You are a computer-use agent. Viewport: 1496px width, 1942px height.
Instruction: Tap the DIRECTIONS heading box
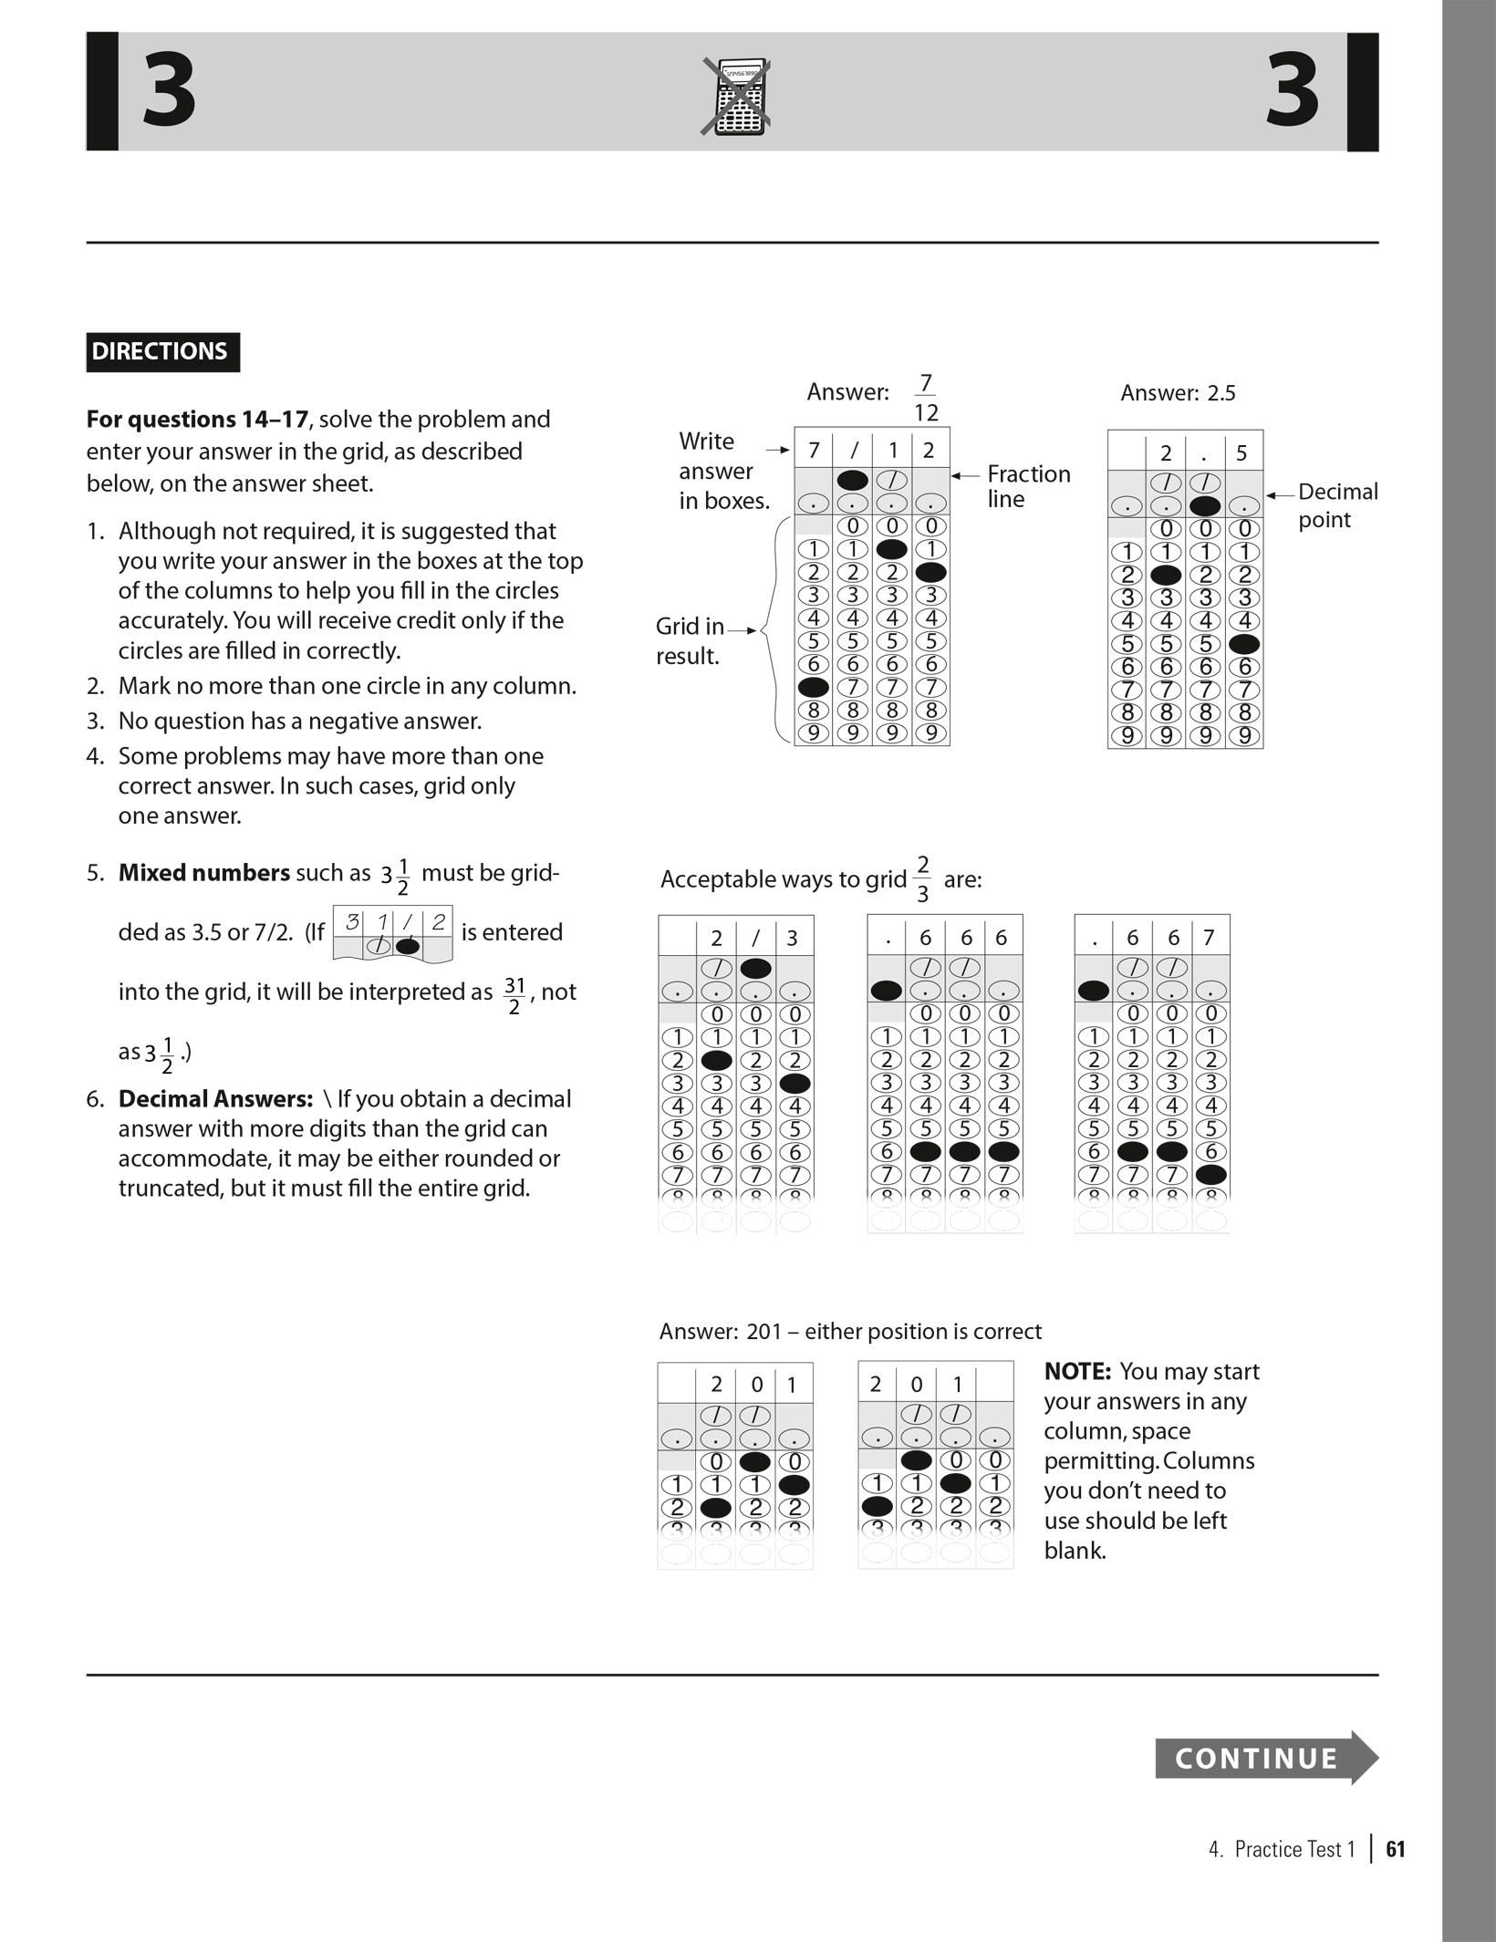coord(162,352)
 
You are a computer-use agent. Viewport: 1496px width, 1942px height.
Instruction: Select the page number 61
coord(1395,1849)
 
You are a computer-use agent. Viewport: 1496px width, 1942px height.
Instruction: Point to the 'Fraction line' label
coord(1028,486)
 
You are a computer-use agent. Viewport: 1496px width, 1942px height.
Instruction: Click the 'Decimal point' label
coord(1337,505)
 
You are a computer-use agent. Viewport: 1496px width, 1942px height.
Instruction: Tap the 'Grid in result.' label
coord(689,641)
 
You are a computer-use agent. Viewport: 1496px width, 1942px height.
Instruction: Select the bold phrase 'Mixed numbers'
coord(203,873)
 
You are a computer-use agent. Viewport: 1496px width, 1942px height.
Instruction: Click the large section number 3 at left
coord(170,91)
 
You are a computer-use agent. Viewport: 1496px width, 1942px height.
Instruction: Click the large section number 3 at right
coord(1293,91)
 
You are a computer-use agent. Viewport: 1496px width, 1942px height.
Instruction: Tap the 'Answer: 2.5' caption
coord(1177,393)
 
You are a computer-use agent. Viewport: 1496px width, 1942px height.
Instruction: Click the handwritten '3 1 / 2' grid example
coord(393,933)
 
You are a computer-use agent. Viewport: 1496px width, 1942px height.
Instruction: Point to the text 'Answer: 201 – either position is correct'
coord(849,1332)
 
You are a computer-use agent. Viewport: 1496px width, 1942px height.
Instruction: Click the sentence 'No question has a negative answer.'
coord(299,722)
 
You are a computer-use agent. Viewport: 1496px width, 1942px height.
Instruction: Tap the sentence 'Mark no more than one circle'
coord(347,686)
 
